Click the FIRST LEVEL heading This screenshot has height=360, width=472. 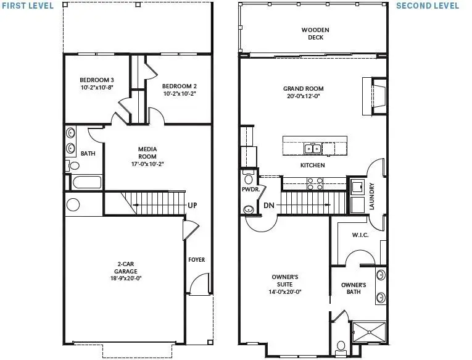tap(27, 6)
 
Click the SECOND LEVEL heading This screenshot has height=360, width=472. tap(427, 6)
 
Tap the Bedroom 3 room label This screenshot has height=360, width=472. tap(96, 80)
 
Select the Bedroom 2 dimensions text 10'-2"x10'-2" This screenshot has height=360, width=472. tap(180, 94)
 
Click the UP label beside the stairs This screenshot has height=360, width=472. tap(192, 205)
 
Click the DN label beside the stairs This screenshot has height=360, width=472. tap(268, 205)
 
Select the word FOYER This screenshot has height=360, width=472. tap(197, 260)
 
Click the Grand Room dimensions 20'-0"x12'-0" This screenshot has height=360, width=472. tap(304, 96)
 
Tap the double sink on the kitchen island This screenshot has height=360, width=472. tap(312, 148)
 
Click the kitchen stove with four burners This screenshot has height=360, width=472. tap(314, 183)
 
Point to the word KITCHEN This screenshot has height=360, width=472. tap(312, 165)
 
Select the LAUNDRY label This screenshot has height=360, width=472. tap(372, 196)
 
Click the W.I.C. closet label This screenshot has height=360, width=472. tap(360, 235)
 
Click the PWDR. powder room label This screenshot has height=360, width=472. tap(249, 190)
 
